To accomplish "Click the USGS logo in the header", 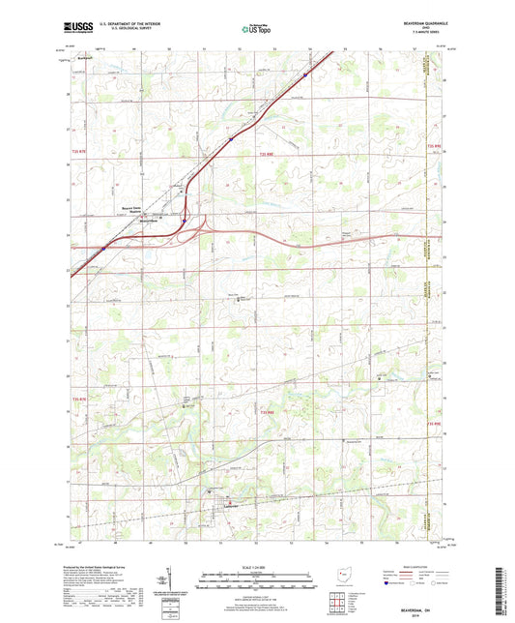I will (x=76, y=28).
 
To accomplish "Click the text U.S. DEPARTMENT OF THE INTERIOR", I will (x=122, y=24).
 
